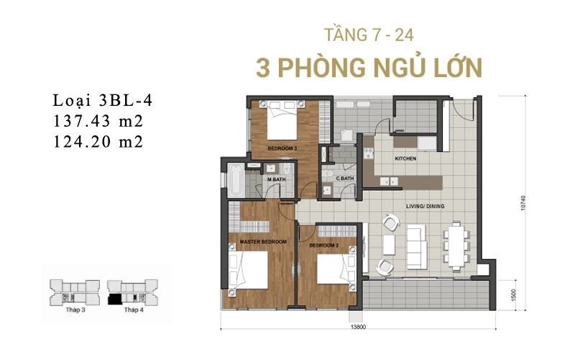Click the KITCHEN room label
click(405, 158)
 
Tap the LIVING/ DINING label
click(425, 207)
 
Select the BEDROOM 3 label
click(282, 148)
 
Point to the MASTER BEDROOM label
click(263, 242)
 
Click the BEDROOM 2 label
click(324, 246)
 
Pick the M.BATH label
click(277, 179)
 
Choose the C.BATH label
click(345, 179)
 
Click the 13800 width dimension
click(358, 327)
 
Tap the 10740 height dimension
click(523, 203)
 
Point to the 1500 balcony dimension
click(513, 294)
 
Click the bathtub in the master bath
click(235, 181)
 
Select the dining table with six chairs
click(456, 245)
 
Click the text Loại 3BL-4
click(103, 101)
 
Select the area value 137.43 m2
click(98, 121)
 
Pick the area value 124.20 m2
click(98, 142)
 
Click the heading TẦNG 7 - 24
click(369, 35)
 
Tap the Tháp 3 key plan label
click(75, 310)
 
